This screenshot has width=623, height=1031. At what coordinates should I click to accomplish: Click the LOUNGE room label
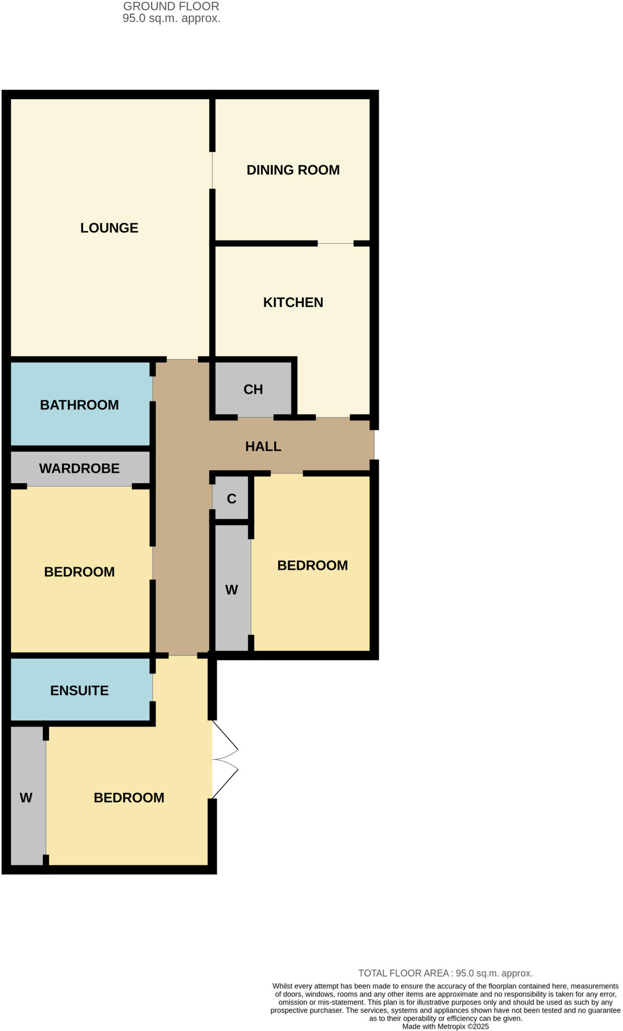(x=109, y=228)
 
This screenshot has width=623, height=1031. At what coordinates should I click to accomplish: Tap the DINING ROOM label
(x=293, y=170)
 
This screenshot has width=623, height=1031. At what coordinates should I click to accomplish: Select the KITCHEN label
(x=293, y=303)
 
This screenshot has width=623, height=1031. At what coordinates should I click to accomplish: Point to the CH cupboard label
(x=253, y=390)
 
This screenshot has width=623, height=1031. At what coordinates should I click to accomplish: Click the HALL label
(x=263, y=447)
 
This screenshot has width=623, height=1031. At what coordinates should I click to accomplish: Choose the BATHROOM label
(x=79, y=405)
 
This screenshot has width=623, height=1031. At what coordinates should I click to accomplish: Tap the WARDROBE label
(x=79, y=469)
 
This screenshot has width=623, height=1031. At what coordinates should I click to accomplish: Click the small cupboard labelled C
(x=231, y=499)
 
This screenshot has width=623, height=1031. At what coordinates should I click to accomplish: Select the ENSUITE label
(x=79, y=691)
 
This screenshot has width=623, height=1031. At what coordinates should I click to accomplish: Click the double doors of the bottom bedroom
(x=224, y=760)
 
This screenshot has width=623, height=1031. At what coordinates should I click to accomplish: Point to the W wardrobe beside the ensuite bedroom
(x=26, y=797)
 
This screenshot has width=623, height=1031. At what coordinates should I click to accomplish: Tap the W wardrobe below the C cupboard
(x=231, y=590)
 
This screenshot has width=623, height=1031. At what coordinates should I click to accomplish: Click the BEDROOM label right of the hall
(x=312, y=566)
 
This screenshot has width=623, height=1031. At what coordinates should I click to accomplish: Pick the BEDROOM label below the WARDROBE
(x=79, y=572)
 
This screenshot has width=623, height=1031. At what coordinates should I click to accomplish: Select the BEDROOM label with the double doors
(x=129, y=798)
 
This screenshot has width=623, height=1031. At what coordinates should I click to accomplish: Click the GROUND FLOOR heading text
(x=171, y=7)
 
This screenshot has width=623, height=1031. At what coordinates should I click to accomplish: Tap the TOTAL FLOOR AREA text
(x=445, y=974)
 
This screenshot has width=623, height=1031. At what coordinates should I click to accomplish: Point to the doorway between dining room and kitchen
(x=335, y=244)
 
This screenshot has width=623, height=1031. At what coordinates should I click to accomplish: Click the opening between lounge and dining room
(x=213, y=170)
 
